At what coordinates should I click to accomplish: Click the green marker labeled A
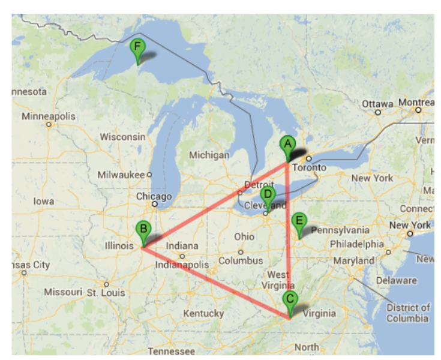287,146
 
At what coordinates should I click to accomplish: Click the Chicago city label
154,196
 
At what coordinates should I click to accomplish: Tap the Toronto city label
310,167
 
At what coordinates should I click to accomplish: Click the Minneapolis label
49,116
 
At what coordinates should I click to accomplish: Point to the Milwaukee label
124,175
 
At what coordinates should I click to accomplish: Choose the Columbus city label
241,260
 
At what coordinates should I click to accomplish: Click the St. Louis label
106,292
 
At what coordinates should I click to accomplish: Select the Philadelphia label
356,244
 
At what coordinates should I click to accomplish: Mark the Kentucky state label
203,313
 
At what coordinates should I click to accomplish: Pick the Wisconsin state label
122,137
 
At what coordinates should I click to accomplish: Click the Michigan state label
209,155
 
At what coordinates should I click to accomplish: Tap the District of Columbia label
407,313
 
